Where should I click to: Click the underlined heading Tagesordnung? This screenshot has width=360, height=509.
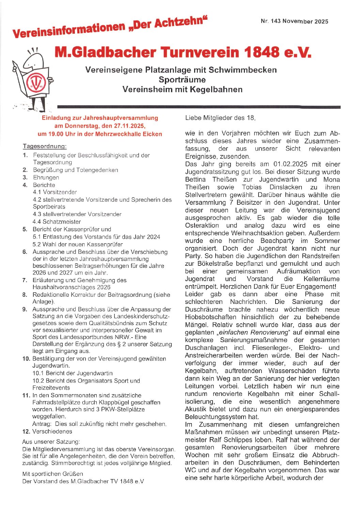pos(45,146)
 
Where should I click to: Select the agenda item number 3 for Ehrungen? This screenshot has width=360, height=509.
pos(25,178)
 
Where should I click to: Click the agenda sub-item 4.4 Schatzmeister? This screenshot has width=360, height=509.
pos(57,222)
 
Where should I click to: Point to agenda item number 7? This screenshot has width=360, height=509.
pos(25,280)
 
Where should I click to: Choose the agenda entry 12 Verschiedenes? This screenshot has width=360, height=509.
pos(47,432)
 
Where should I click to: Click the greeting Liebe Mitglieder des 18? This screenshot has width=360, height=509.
pos(220,118)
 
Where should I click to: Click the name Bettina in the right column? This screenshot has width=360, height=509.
pos(195,180)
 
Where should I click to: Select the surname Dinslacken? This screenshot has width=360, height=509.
pos(286,187)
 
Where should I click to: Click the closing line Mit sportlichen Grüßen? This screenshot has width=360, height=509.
pos(52,474)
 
